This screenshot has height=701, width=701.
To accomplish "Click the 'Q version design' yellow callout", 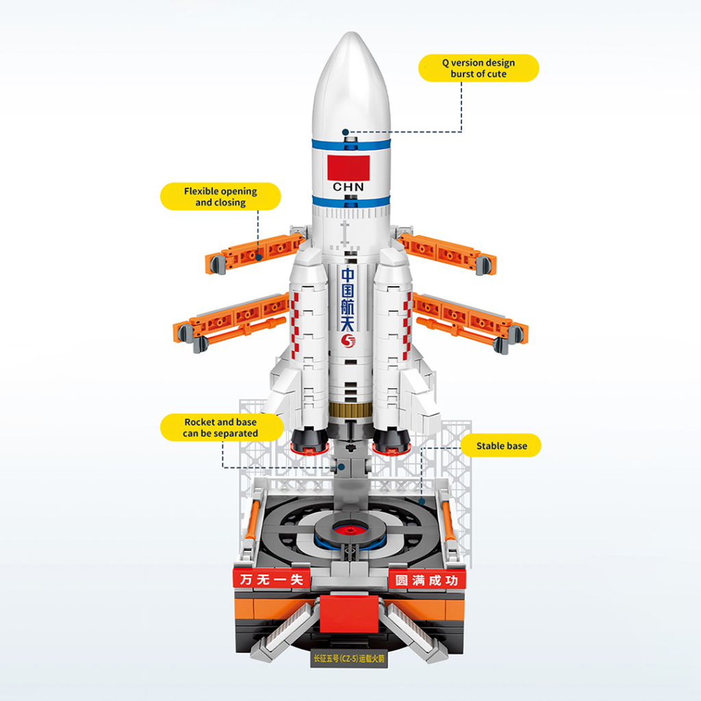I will tap(479, 68).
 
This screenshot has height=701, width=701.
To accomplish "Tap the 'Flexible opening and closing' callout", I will tap(220, 196).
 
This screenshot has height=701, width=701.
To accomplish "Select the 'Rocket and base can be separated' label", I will tap(220, 428).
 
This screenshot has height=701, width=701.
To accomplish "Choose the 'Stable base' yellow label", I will tap(502, 446).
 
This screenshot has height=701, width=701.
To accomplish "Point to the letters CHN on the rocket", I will tap(349, 187).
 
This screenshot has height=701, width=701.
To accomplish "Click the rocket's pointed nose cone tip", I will tap(346, 37).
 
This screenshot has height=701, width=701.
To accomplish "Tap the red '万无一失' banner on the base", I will tap(271, 579).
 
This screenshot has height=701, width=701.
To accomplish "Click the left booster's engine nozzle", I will tap(307, 442).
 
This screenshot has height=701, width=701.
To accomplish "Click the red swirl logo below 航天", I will tap(349, 340).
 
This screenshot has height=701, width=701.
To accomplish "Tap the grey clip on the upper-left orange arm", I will tap(218, 264).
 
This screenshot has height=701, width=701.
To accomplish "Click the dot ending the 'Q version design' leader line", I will tap(346, 131).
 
